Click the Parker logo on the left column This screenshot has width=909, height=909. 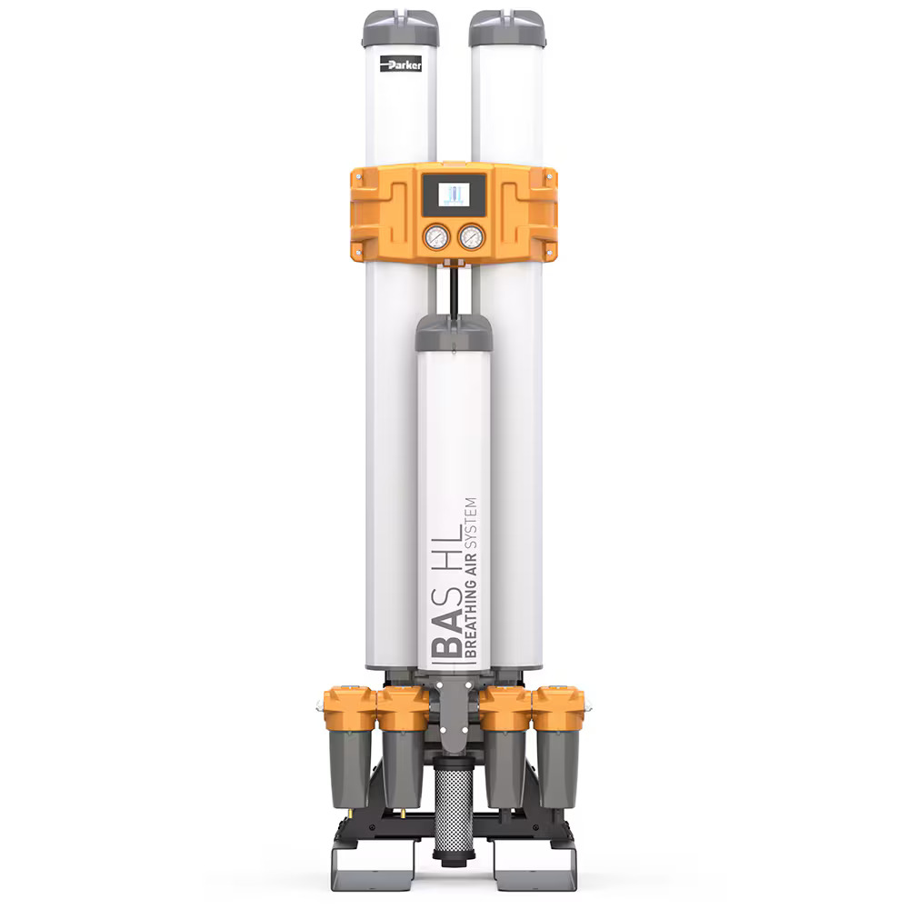coord(401,64)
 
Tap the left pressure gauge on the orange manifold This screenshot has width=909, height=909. coord(436,237)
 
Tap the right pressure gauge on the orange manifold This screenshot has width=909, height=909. coord(471,237)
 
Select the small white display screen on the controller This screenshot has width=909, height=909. coord(454,194)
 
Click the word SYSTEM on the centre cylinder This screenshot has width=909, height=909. coord(471,523)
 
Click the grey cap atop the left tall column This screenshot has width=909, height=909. coord(401,28)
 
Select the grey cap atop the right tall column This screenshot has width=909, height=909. coord(507,28)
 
